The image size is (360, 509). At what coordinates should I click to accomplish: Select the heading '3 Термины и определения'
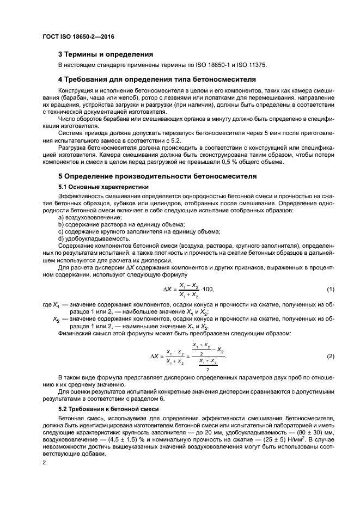(x=105, y=54)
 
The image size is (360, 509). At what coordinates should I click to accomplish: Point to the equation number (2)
(x=330, y=356)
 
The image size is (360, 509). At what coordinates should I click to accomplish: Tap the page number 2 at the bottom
(x=45, y=462)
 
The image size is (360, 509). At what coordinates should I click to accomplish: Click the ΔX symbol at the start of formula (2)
(x=155, y=356)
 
